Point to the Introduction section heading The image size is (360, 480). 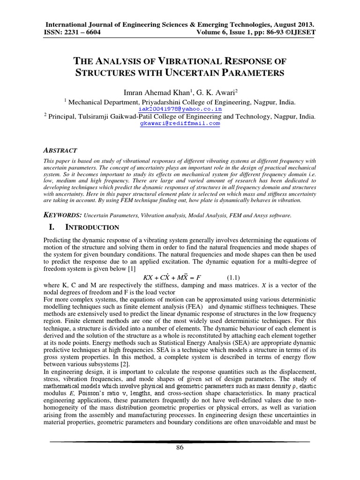click(92, 227)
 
